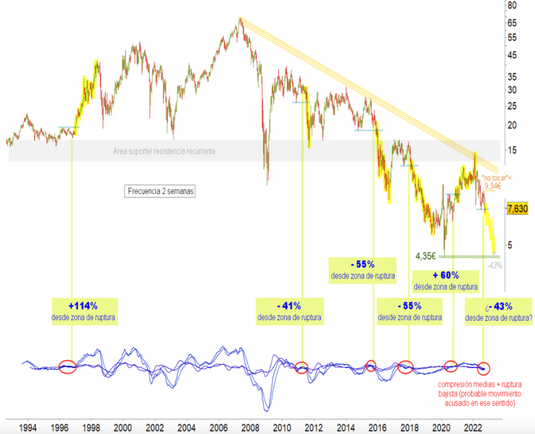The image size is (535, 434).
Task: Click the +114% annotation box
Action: tap(85, 311)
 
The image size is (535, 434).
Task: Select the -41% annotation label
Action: tap(289, 311)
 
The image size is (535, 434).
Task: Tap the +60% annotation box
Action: tap(446, 281)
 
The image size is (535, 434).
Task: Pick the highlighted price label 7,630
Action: tap(518, 209)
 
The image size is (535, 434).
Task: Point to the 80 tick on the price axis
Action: tap(512, 6)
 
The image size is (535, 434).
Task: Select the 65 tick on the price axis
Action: tap(512, 23)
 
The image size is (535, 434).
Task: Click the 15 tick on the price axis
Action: tap(512, 151)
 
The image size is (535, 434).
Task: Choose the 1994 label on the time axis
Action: tap(28, 427)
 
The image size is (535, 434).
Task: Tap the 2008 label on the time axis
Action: tap(250, 427)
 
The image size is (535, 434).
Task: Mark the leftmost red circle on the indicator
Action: tap(67, 367)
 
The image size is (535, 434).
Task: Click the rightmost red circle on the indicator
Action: tap(484, 368)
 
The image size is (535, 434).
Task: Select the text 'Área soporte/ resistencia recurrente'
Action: tap(164, 151)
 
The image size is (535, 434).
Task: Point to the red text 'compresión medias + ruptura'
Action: tap(479, 385)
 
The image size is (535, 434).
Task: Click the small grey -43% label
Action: tap(494, 266)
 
